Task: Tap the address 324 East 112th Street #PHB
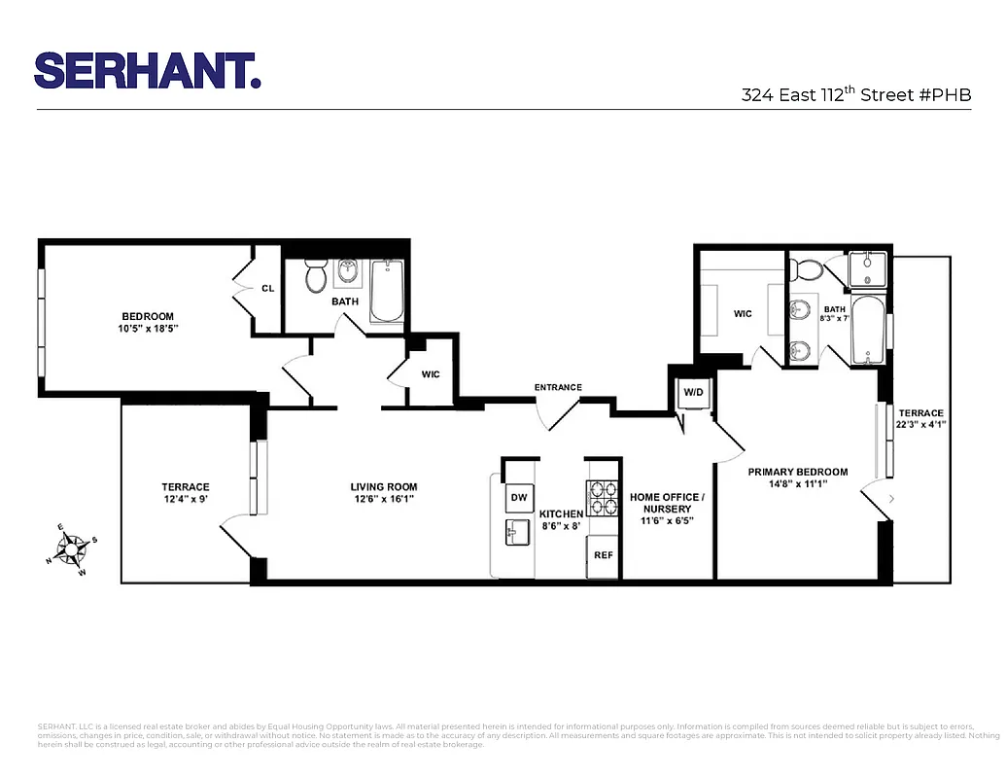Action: point(855,95)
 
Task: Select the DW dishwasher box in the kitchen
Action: point(519,499)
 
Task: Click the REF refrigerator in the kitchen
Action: point(604,555)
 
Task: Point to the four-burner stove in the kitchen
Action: point(603,498)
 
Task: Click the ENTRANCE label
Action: point(558,388)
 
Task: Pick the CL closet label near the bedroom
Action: point(267,288)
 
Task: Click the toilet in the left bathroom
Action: point(316,278)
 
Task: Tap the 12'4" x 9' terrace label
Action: point(185,493)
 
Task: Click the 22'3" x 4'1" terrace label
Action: point(920,418)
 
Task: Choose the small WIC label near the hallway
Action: point(431,374)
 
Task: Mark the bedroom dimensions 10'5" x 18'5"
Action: point(148,329)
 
